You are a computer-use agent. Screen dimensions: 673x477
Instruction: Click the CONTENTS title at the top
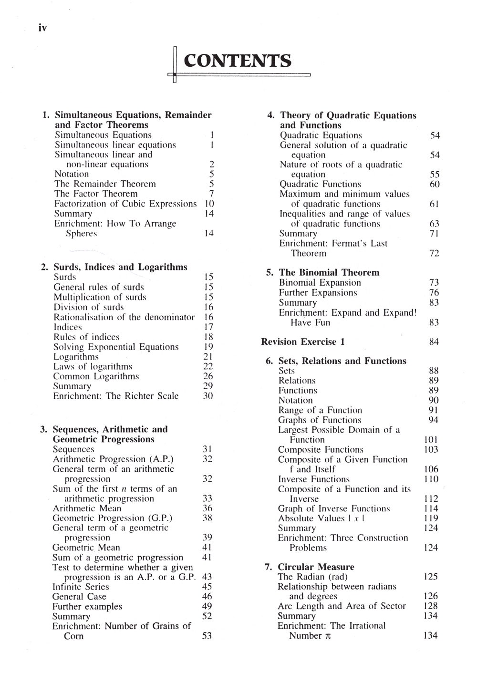pos(237,61)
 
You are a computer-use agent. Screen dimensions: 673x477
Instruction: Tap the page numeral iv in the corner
pos(42,28)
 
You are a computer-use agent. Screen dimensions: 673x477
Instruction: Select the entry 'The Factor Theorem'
pos(96,194)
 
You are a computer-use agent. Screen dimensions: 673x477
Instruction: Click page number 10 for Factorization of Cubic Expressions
pos(209,204)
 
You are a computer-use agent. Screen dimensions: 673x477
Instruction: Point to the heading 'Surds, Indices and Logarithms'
pos(120,267)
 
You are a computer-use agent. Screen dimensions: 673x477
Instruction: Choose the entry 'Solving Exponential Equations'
pos(116,347)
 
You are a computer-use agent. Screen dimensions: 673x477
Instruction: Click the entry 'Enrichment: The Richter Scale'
pos(116,396)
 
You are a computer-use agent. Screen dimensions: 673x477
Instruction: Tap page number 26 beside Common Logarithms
pos(208,376)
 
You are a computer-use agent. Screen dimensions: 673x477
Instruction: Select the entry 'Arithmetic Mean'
pos(87,508)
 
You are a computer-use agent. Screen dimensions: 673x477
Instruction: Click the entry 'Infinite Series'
pos(81,587)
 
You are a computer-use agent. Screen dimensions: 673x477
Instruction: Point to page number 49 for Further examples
pos(207,606)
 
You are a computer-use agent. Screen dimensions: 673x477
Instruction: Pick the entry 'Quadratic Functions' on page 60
pos(320,184)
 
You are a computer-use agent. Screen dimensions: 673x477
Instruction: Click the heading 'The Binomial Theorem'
pos(329,272)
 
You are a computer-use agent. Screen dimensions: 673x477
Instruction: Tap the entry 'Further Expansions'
pos(318,292)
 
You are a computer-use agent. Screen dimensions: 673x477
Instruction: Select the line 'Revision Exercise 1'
pos(303,342)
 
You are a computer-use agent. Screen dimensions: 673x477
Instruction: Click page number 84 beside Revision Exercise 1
pos(434,342)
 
